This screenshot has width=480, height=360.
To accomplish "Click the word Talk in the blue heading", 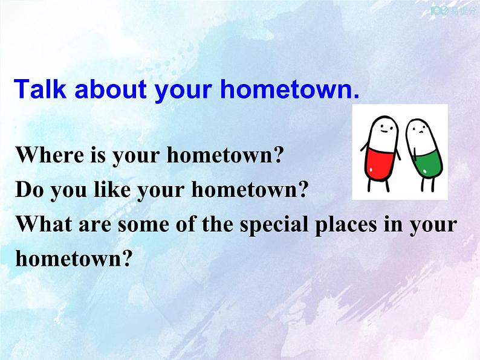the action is [x=40, y=89].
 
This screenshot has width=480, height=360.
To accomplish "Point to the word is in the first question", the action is [x=98, y=155].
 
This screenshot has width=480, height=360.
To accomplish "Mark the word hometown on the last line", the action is [x=74, y=258].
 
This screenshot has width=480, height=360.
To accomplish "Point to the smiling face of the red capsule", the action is [x=384, y=129].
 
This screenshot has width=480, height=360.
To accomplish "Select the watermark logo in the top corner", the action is [x=452, y=11].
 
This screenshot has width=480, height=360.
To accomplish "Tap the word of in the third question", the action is [x=185, y=224].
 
